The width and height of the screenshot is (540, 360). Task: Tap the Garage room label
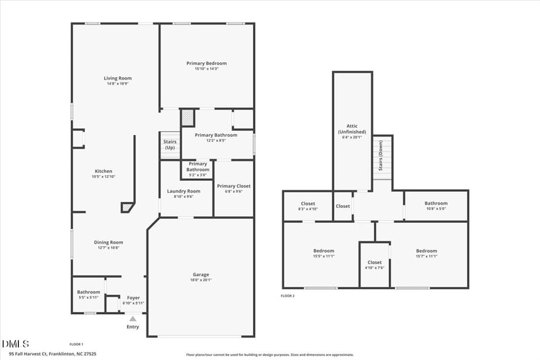click(200, 275)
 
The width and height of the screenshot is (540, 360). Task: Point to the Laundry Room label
click(184, 191)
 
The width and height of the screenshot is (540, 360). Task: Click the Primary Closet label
click(234, 186)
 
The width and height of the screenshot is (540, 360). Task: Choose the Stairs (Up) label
click(169, 145)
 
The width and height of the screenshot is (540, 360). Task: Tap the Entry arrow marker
click(133, 318)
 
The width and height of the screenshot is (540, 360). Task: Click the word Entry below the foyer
click(133, 327)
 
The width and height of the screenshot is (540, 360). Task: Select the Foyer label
click(134, 297)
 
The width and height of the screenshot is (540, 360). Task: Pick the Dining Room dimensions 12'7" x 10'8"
click(108, 248)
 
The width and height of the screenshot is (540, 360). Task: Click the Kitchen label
click(103, 171)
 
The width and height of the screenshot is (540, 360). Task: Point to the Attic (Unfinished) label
click(352, 129)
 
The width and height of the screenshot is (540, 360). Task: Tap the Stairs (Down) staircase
click(383, 162)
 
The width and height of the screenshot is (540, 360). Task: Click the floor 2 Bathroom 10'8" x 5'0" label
click(435, 203)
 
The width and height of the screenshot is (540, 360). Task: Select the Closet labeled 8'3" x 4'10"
click(308, 203)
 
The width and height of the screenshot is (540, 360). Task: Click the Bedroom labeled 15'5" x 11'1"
click(323, 251)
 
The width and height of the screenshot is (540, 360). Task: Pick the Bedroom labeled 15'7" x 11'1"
click(427, 251)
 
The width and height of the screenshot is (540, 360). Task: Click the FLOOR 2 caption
click(288, 296)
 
